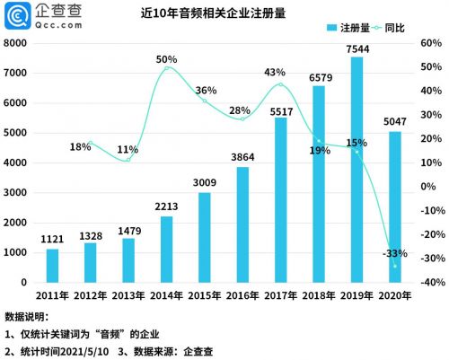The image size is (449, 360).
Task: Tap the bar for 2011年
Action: tap(52, 265)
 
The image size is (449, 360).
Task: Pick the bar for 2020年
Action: tap(394, 206)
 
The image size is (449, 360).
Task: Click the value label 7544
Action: tap(357, 48)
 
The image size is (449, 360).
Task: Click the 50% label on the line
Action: tap(166, 59)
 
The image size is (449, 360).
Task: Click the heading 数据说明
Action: tap(27, 317)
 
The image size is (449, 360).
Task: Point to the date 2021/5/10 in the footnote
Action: tap(87, 350)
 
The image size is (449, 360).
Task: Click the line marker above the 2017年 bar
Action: tap(280, 84)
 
